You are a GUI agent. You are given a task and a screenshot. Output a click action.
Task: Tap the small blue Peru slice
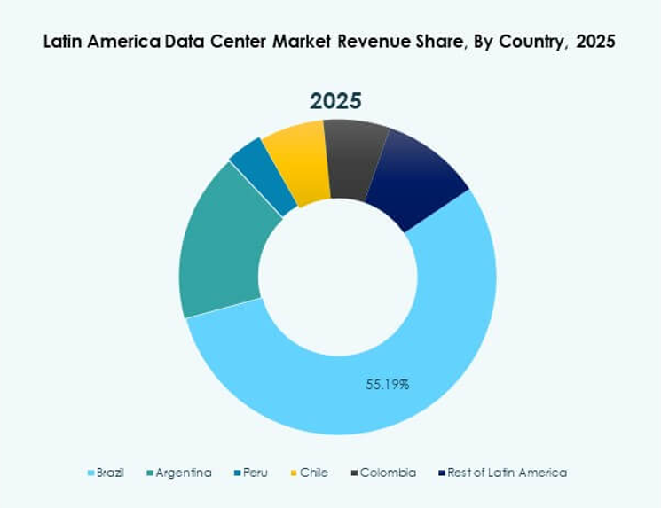pos(262,173)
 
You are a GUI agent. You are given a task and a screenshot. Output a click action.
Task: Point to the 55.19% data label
pos(388,385)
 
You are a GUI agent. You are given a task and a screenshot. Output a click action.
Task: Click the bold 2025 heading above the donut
pos(336,99)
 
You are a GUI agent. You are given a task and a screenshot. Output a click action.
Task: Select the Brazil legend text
pos(110,473)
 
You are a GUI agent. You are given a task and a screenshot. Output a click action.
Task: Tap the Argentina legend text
pos(184,473)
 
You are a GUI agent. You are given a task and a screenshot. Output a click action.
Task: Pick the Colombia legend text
pos(388,473)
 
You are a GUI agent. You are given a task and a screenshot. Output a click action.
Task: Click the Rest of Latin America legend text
pos(508,473)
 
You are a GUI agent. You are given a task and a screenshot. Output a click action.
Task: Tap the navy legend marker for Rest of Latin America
pos(443,473)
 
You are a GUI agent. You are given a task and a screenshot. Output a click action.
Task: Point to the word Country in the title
pos(508,42)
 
